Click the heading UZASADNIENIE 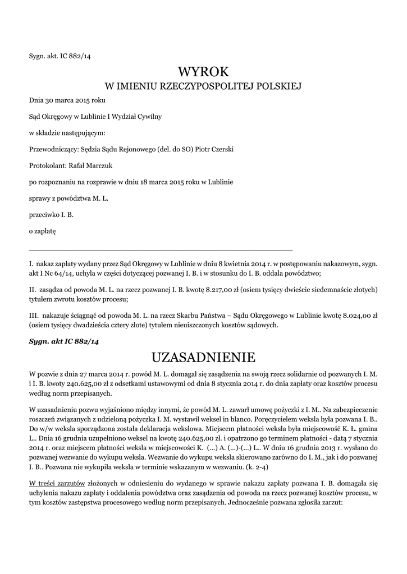click(x=204, y=357)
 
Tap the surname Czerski click(x=221, y=150)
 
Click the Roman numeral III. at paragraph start click(x=33, y=316)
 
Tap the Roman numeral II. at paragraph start click(x=33, y=289)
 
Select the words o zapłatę click(x=43, y=230)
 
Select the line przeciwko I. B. click(x=51, y=214)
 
